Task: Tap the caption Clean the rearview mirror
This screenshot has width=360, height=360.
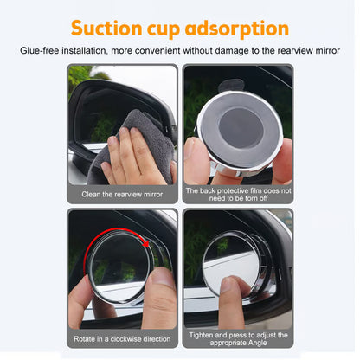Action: tap(123, 194)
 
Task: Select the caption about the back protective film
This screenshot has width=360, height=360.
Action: tap(237, 194)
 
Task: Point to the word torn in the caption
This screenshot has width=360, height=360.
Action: tap(246, 198)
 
